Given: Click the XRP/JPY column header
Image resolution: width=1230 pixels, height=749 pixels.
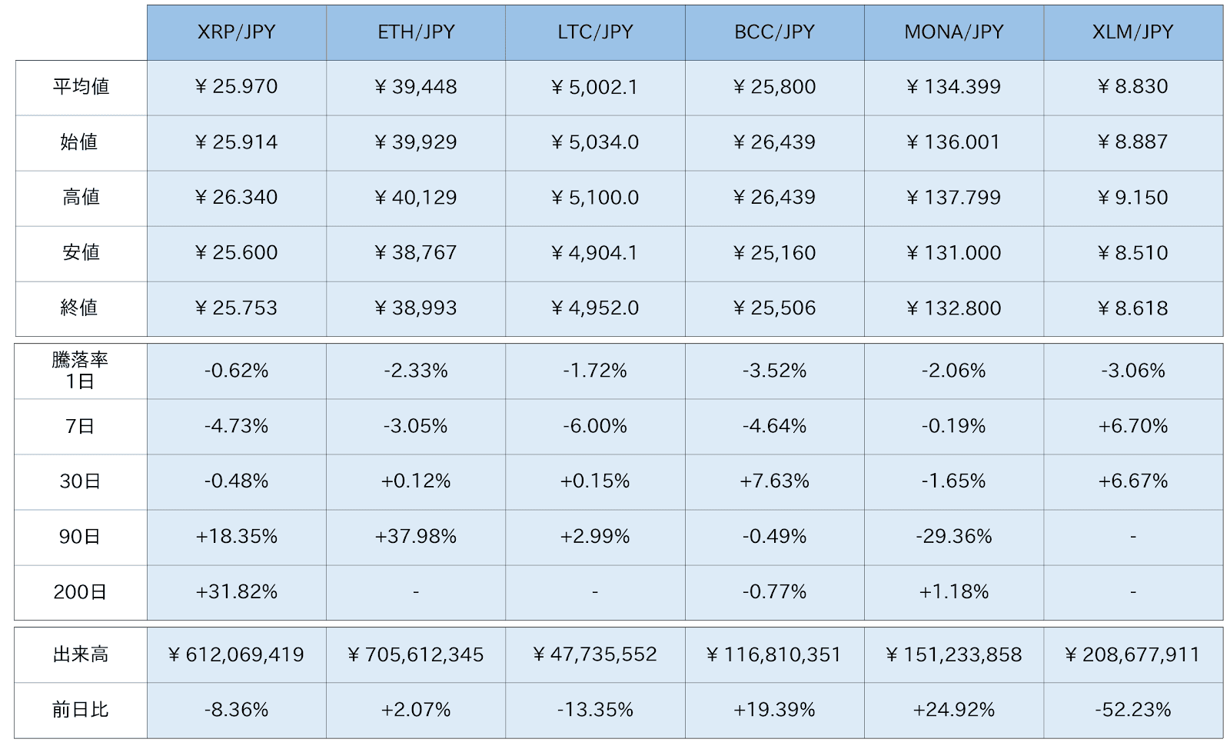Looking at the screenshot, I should pos(237,32).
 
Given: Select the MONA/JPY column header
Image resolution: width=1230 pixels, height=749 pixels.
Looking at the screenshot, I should pos(954,32).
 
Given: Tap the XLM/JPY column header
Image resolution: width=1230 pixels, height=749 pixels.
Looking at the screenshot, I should pos(1133,32).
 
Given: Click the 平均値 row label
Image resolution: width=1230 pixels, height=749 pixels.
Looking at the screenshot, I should pos(81,87).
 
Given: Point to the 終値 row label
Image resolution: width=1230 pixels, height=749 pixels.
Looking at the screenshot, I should pos(81,308).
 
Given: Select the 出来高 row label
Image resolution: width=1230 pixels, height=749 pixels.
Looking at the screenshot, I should pos(81,655).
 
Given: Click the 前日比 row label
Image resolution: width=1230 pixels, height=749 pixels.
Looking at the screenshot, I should pos(81,710).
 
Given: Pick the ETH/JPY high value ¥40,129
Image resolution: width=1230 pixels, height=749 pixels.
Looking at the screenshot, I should pos(416,198).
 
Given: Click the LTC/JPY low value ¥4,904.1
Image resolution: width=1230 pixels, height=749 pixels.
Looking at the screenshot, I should pos(595,253).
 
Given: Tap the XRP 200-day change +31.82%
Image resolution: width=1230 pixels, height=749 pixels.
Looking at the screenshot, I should pos(237,592).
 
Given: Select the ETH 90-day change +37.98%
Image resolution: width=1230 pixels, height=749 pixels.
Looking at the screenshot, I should pos(416,537).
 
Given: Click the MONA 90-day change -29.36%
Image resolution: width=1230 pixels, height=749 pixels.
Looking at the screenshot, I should pos(954,537).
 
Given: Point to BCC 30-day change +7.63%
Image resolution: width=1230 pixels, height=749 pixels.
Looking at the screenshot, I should pos(775,481).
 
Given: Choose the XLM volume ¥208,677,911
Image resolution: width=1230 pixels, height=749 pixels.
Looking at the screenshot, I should pos(1133,655).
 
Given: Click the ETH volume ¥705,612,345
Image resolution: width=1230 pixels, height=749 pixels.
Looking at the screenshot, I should pos(416,655).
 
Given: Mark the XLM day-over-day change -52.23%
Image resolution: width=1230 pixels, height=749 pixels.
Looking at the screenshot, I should pos(1133,710).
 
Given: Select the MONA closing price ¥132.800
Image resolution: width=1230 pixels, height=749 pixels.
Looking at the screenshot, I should pos(954,308).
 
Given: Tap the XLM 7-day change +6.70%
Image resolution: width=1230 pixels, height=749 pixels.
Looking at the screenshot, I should pos(1133,426).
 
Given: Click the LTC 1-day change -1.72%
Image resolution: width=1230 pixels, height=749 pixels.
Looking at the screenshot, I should pos(595,371).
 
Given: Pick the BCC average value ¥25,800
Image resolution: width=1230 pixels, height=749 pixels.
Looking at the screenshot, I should pos(775,87).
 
